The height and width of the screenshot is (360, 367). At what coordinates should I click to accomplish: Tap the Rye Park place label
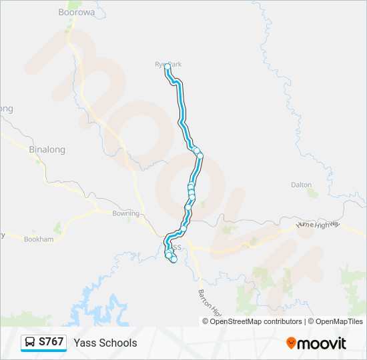coord(168,64)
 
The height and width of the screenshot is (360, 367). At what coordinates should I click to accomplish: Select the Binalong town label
coord(47,150)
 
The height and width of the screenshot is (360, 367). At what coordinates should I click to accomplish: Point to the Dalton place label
coord(302,185)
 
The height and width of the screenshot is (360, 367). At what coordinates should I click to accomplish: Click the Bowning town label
coord(125,214)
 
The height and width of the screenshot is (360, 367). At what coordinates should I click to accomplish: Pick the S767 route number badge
coord(51,342)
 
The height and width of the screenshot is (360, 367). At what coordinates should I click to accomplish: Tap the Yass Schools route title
coord(105,343)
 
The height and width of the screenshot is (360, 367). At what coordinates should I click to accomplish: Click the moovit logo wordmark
coord(322,343)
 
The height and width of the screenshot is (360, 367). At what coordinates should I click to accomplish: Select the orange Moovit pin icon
coord(291,343)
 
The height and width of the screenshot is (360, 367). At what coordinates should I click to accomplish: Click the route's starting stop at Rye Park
coord(167,67)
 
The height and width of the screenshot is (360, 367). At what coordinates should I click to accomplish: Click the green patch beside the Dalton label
coord(312,193)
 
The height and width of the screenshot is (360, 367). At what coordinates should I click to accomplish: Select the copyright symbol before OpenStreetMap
coord(206,321)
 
